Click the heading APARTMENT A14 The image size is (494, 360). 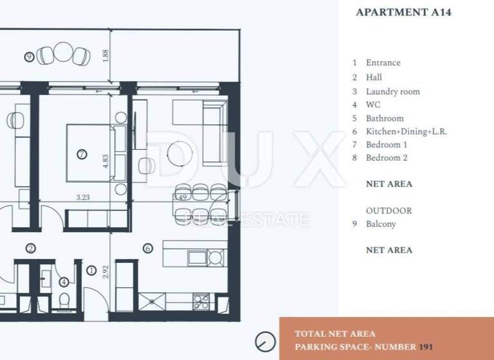click(x=403, y=12)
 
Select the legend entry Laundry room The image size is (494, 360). click(x=392, y=91)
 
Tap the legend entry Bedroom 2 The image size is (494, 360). click(x=387, y=157)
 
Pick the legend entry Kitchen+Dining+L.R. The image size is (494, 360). click(x=406, y=131)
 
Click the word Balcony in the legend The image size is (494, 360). click(x=381, y=224)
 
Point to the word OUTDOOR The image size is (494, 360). click(x=389, y=210)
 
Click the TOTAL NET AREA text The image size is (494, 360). click(x=334, y=334)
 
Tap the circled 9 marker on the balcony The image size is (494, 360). click(x=29, y=57)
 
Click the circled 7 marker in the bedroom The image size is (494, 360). click(x=81, y=154)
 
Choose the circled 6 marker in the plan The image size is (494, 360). click(x=147, y=248)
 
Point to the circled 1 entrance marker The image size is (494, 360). click(x=91, y=271)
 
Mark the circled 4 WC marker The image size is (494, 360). click(x=63, y=282)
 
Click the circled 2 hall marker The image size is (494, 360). click(x=30, y=248)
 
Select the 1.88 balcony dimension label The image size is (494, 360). click(x=107, y=55)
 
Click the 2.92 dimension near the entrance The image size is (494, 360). click(x=106, y=271)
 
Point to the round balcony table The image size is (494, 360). click(x=64, y=51)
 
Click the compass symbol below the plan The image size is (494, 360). click(x=264, y=341)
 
